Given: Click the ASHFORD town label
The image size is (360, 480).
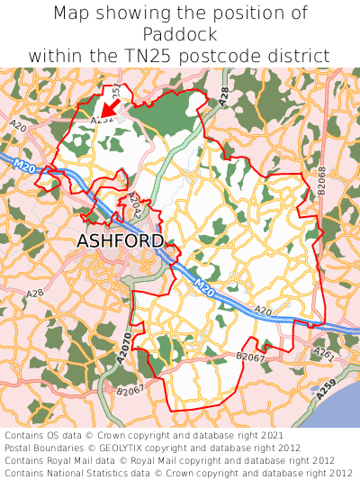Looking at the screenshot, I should tap(121, 241).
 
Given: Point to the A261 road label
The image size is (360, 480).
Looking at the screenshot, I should tap(325, 357).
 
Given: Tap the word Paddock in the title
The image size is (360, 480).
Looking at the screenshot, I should tap(180, 34).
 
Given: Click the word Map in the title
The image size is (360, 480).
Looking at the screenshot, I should tap(74, 14).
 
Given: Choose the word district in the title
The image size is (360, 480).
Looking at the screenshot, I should tap(301, 56).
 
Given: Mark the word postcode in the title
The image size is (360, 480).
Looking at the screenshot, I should tap(216, 56).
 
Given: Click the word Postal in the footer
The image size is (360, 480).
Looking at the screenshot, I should tap(19, 448).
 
